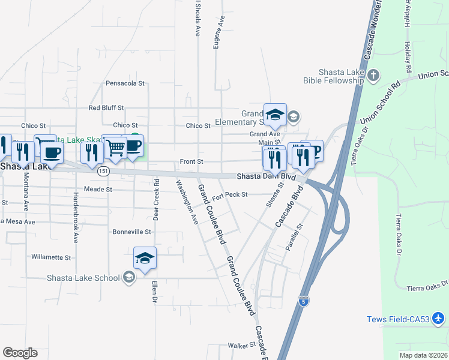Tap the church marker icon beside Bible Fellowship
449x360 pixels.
point(373,75)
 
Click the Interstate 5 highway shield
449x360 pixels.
point(304,302)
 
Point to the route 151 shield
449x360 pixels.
point(104,172)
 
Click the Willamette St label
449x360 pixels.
point(51,257)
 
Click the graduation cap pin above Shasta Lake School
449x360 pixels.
point(145,259)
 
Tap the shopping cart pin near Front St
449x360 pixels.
point(115,146)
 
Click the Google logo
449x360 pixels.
point(20,353)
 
